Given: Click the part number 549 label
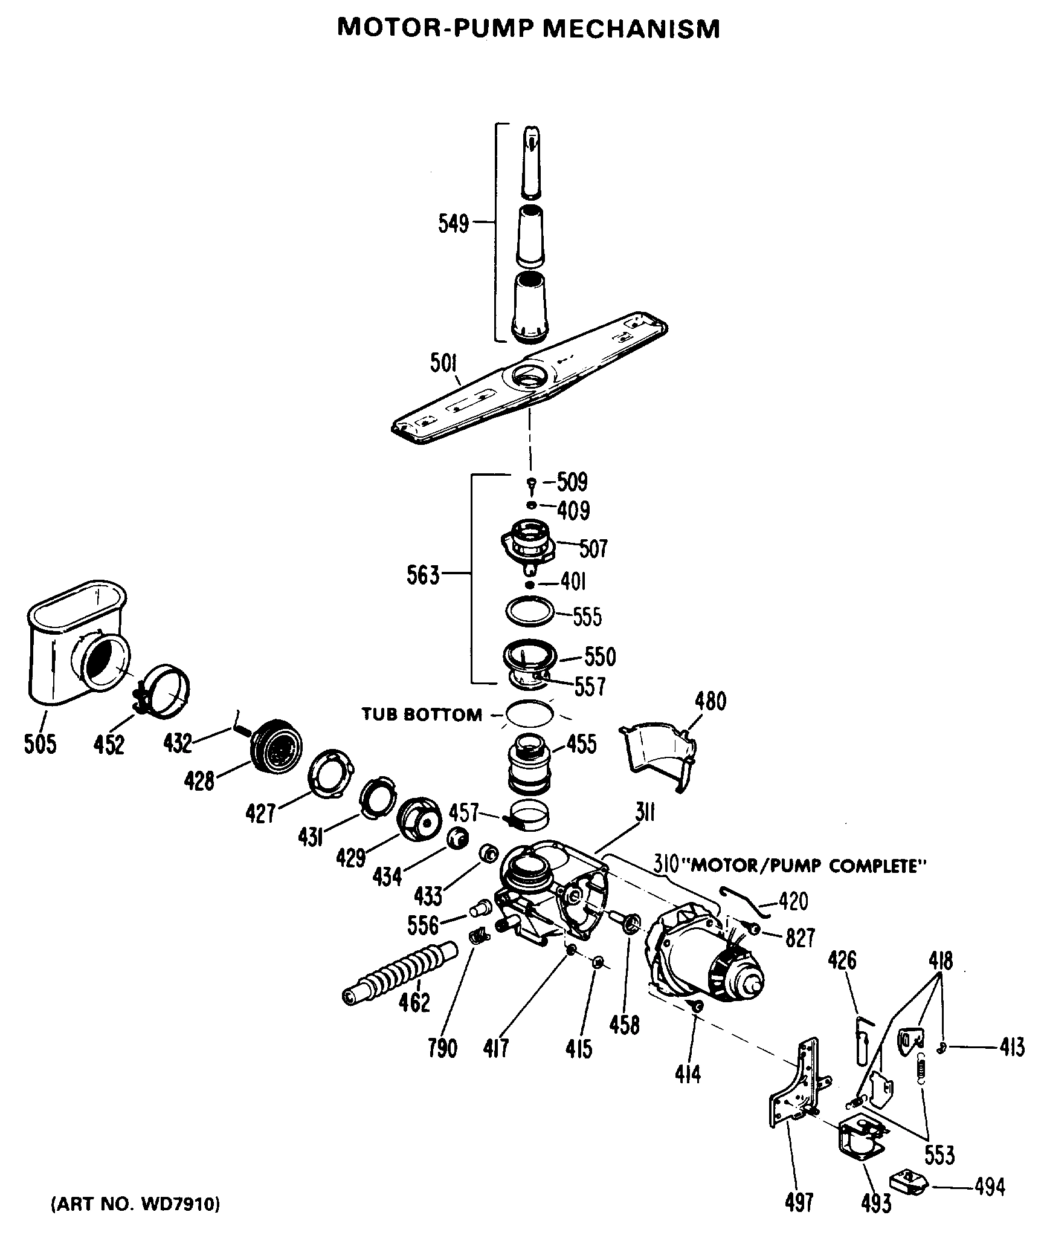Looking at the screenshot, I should click(x=453, y=224).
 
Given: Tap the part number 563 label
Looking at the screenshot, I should click(x=422, y=575).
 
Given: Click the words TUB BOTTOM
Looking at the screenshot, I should click(x=422, y=715).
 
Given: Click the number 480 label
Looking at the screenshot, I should click(x=710, y=702).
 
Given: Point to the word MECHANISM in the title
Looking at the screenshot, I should click(x=631, y=28).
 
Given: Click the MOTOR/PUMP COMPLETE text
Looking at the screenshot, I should click(x=808, y=866).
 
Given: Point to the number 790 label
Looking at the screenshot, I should click(x=442, y=1048).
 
